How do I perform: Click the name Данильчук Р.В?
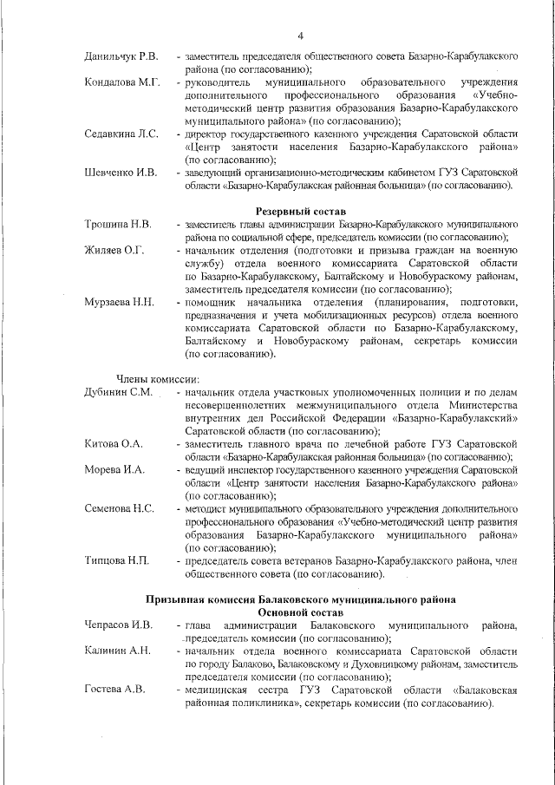[x=121, y=56]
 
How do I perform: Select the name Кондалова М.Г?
[x=122, y=82]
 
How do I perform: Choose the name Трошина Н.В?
[x=118, y=225]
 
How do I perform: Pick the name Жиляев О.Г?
[x=114, y=250]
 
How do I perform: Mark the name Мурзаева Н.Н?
[x=119, y=302]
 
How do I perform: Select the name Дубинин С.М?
[x=118, y=392]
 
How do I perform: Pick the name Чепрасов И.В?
[x=119, y=625]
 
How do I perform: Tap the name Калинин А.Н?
[x=117, y=651]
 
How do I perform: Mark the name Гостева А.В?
[x=114, y=690]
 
